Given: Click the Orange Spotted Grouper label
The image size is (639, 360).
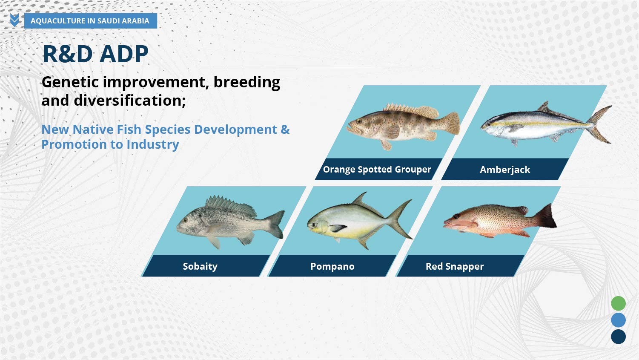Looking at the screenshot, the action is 377,169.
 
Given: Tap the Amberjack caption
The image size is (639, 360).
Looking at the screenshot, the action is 505,170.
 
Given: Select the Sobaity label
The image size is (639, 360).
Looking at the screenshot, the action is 200,266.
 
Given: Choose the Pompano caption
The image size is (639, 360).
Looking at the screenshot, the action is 332,266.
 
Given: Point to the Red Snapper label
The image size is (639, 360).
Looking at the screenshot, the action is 455,266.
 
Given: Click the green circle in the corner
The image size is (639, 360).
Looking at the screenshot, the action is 619,303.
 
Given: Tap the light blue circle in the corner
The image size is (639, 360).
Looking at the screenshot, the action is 619,320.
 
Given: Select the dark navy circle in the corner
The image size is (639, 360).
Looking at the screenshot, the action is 619,337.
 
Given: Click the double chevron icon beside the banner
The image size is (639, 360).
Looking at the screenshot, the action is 14,20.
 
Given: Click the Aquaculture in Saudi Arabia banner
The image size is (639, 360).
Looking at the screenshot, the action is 90,21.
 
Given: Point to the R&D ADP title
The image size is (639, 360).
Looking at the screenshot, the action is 95,54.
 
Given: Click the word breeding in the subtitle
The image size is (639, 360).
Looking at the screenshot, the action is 247,83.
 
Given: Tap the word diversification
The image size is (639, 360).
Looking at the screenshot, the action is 130,101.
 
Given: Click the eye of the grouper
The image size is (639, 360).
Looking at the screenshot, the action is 359,121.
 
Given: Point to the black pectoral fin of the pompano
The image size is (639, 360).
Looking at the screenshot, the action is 338,228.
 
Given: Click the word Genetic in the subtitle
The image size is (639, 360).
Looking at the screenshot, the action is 70,82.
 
